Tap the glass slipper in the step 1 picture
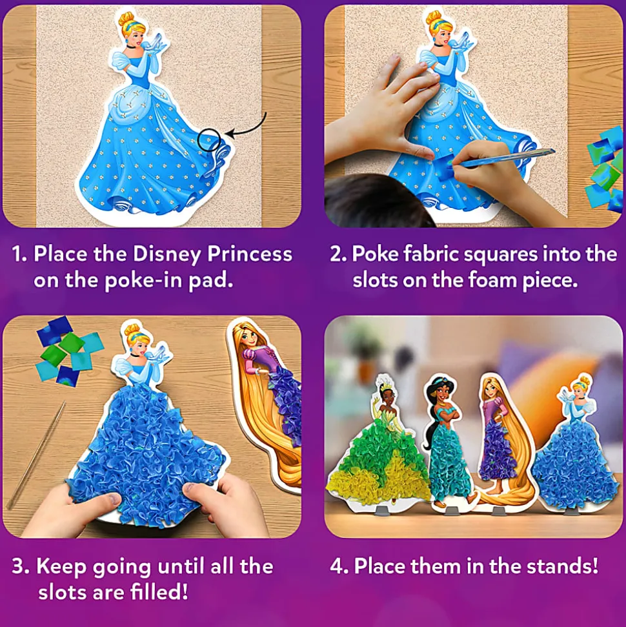(x=161, y=41)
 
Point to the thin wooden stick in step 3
(x=36, y=454)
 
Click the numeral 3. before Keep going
(x=20, y=566)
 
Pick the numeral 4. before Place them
(x=339, y=566)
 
